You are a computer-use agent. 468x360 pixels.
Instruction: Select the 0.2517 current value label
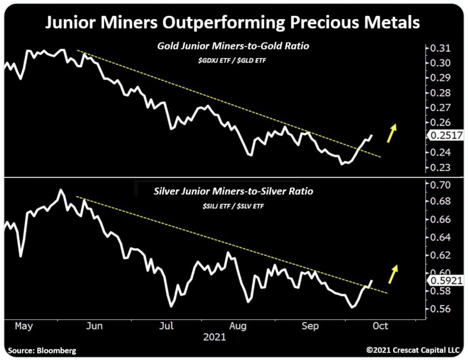tap(446, 135)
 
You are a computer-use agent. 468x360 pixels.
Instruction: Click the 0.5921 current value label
tap(446, 281)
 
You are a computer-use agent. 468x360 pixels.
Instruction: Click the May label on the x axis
tap(24, 326)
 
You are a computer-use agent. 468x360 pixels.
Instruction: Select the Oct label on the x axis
tap(380, 326)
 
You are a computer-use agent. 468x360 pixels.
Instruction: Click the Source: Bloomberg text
tap(42, 351)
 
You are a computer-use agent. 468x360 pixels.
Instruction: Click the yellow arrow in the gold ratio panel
tap(391, 133)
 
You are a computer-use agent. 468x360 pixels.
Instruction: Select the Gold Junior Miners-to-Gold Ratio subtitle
tap(234, 46)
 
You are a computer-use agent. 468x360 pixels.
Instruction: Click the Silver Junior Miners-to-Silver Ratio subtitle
tap(234, 191)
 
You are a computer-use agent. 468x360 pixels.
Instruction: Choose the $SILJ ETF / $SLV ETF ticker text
tap(234, 206)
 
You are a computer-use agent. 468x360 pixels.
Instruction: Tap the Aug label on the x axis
tap(238, 326)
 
